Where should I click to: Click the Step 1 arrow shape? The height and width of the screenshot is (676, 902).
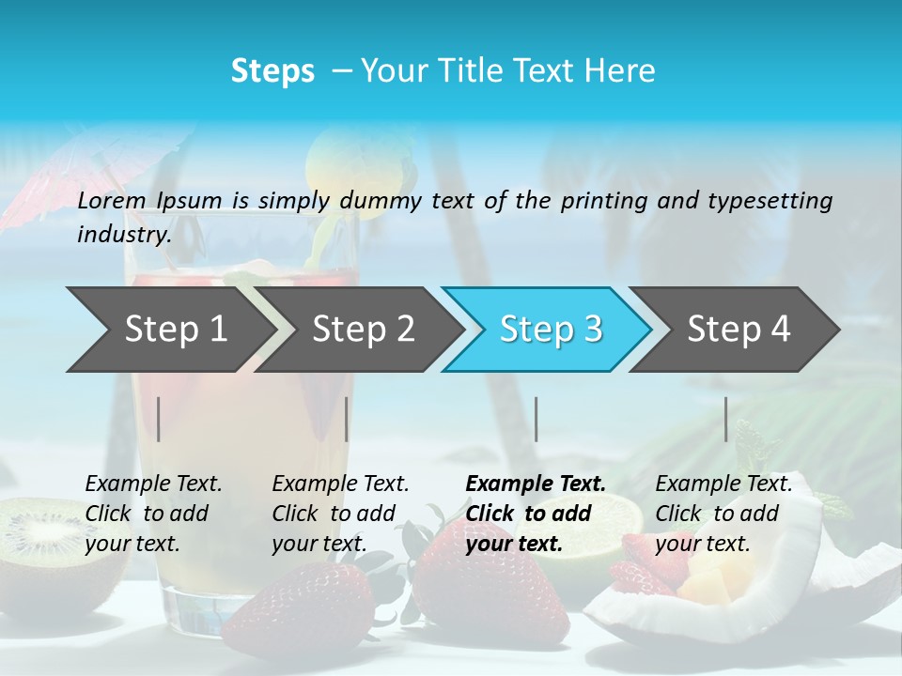(x=176, y=330)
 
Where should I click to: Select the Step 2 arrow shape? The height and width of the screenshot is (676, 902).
(x=363, y=330)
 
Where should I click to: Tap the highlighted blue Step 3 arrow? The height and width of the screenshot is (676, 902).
(x=551, y=330)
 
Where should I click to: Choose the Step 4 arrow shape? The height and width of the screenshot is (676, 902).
(x=739, y=330)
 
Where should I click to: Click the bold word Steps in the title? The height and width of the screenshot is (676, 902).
(x=272, y=71)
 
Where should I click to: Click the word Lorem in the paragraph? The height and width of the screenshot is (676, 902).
(x=111, y=200)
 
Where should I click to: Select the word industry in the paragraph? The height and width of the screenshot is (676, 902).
(x=123, y=235)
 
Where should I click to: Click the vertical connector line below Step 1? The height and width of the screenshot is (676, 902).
(x=159, y=419)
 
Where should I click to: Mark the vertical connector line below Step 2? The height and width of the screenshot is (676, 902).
(x=347, y=419)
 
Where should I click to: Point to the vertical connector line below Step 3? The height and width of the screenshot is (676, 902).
(x=537, y=419)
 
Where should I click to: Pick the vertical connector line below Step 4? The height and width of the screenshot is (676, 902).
(x=726, y=419)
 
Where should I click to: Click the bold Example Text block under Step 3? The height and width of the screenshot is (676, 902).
(x=535, y=514)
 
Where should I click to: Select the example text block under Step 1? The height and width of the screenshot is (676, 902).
(x=153, y=514)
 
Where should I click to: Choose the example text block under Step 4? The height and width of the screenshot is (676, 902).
(x=723, y=514)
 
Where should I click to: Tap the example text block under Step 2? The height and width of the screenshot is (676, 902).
(x=340, y=514)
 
